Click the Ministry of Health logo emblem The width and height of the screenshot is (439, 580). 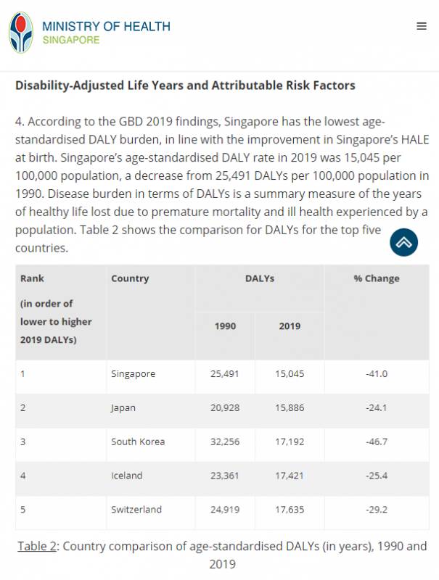tap(21, 32)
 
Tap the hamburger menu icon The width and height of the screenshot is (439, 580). tap(422, 26)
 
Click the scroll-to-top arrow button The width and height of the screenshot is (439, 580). tap(404, 243)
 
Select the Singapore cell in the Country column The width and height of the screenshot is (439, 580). tap(133, 373)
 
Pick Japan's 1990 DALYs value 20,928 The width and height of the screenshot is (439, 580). tap(225, 407)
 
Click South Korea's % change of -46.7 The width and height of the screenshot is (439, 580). tap(377, 442)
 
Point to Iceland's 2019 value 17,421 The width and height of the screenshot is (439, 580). tap(290, 476)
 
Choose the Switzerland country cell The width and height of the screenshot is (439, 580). tap(136, 510)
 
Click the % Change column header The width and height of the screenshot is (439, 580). tap(377, 278)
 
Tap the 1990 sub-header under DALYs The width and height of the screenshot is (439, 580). tap(225, 326)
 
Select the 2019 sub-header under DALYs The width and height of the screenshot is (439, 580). tap(290, 326)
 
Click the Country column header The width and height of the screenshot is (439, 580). tap(130, 278)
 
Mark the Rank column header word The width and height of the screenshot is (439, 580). tap(32, 278)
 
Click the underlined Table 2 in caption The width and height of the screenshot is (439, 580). tap(37, 546)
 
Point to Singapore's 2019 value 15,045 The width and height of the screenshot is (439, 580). tap(290, 373)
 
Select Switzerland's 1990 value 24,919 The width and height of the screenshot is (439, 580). tap(225, 510)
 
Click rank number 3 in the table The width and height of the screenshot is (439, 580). tap(23, 442)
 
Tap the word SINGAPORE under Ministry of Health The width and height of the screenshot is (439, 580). tap(71, 41)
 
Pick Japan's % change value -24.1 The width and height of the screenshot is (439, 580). tap(377, 407)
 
